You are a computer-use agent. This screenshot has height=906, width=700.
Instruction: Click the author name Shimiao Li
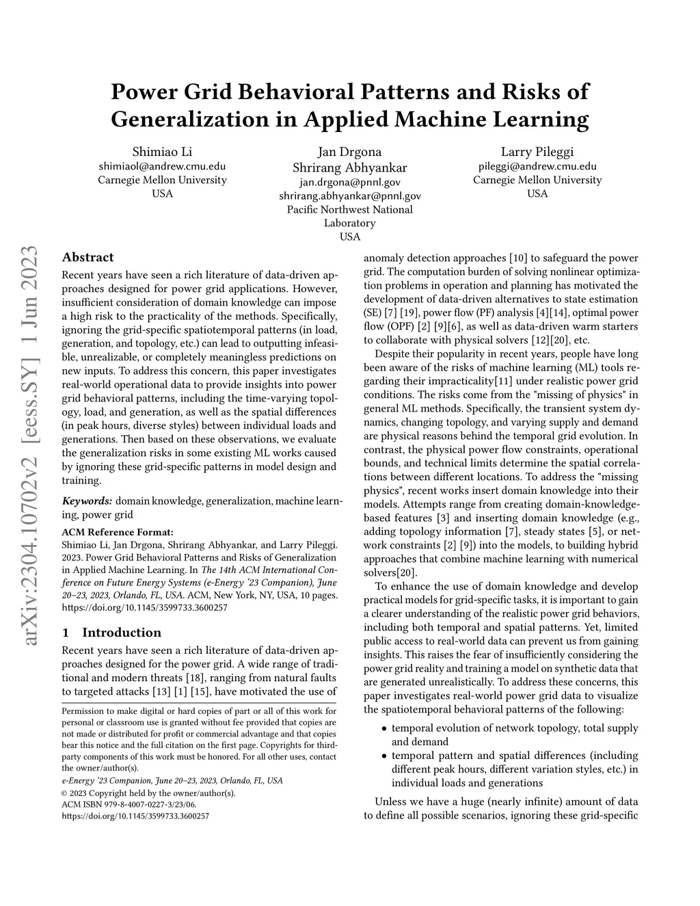pos(162,152)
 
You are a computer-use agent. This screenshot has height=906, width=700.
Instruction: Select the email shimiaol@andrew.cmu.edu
pos(162,166)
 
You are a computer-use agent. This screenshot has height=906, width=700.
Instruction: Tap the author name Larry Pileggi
pos(537,152)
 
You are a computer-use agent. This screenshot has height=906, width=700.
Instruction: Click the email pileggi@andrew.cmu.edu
pos(537,166)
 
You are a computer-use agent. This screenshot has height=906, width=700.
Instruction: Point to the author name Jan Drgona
pos(349,152)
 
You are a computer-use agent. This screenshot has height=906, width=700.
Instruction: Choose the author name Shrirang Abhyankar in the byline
pos(349,168)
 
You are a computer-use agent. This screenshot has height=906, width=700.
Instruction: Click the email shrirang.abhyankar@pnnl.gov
pos(349,196)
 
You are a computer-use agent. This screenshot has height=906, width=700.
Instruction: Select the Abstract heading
pos(87,258)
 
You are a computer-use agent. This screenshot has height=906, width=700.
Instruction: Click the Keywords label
pos(87,501)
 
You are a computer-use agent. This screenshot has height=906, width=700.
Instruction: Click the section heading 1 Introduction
pos(111,632)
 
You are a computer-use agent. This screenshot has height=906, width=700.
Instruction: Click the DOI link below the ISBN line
pos(135,816)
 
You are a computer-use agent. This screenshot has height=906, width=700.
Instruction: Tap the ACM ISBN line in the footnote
pos(129,805)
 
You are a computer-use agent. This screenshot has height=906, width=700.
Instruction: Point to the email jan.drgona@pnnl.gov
pos(349,182)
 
